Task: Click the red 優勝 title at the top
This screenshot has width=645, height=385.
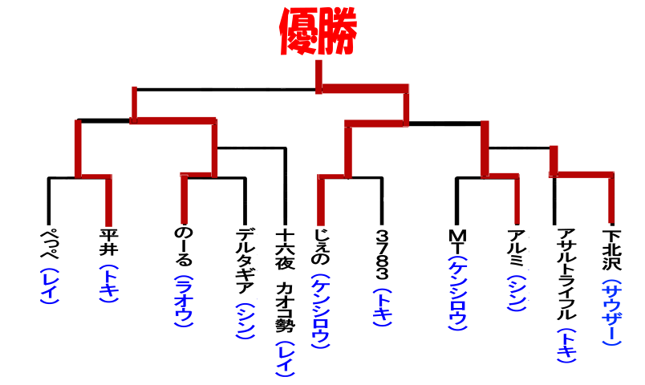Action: tap(318, 31)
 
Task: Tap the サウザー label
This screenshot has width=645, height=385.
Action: tap(611, 312)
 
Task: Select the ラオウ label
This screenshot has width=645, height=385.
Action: tap(184, 301)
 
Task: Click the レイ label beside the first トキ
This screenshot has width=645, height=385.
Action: tap(49, 286)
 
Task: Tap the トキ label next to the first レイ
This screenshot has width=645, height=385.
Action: tap(108, 284)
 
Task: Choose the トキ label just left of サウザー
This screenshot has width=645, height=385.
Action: tap(566, 346)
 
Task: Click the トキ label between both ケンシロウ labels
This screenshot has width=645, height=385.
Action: tap(382, 307)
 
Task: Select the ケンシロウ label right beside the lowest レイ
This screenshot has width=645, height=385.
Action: tap(320, 311)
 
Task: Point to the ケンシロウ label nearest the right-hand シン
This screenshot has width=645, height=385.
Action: tap(458, 294)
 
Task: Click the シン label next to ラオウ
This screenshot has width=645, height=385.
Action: tap(245, 321)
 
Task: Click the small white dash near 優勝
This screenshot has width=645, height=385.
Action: tap(282, 87)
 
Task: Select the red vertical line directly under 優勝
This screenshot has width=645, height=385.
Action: tap(318, 75)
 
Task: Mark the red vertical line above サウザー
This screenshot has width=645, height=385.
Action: tap(611, 199)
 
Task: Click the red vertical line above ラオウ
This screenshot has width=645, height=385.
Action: tap(185, 201)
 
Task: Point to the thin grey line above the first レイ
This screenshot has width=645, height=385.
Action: tap(49, 201)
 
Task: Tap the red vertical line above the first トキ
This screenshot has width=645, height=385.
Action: tap(109, 201)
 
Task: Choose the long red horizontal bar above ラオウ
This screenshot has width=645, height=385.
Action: tap(173, 120)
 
